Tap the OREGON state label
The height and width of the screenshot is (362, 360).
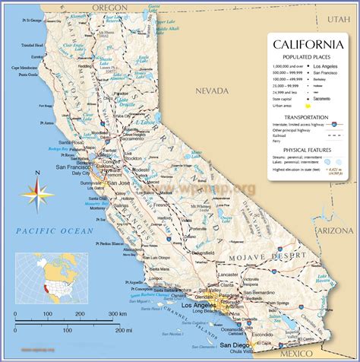pos(110,6)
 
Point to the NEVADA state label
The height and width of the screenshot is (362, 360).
pos(210,90)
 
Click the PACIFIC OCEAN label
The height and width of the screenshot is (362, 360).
pos(57,230)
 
